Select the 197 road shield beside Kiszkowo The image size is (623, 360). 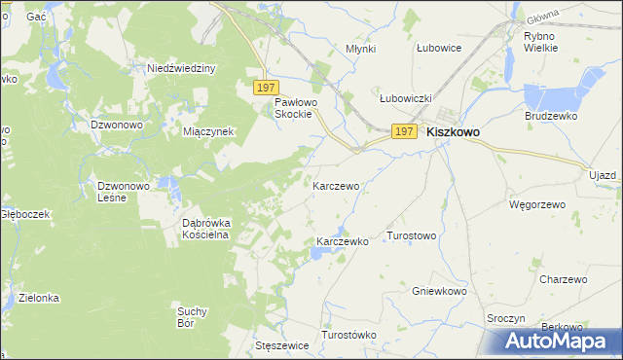405,131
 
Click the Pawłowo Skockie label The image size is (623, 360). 293,108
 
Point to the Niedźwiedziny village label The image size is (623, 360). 181,68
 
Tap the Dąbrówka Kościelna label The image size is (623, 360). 206,228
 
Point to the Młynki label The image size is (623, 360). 361,48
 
